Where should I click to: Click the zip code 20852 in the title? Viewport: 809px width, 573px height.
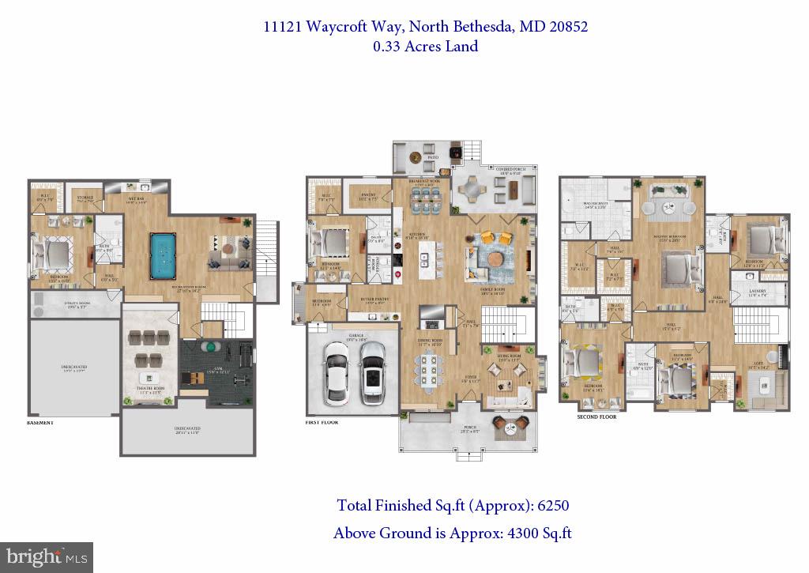(x=566, y=26)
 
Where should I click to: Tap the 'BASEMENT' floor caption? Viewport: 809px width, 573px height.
(x=40, y=423)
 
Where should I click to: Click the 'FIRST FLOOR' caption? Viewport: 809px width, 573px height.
(x=322, y=423)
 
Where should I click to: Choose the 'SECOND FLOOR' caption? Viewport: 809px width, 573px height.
(x=596, y=417)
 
